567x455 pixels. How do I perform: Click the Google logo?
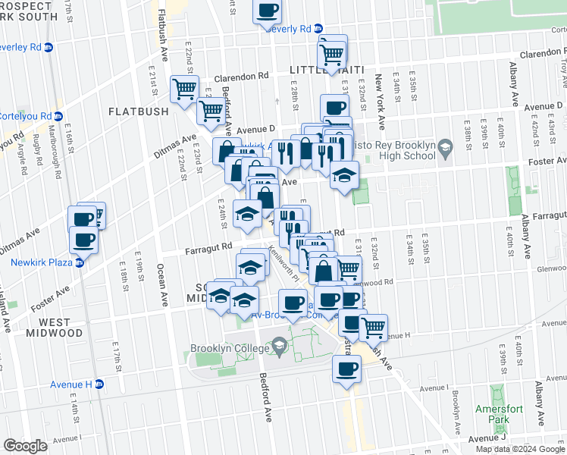[x=25, y=445]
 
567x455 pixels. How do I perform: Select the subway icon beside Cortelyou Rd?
[x=58, y=116]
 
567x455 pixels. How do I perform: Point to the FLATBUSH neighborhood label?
[x=138, y=111]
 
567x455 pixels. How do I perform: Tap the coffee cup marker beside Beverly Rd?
[x=266, y=11]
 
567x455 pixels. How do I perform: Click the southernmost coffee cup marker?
[x=346, y=369]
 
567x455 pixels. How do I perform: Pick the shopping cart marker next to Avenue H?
[x=373, y=328]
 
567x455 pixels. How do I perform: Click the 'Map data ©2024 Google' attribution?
[x=520, y=448]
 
